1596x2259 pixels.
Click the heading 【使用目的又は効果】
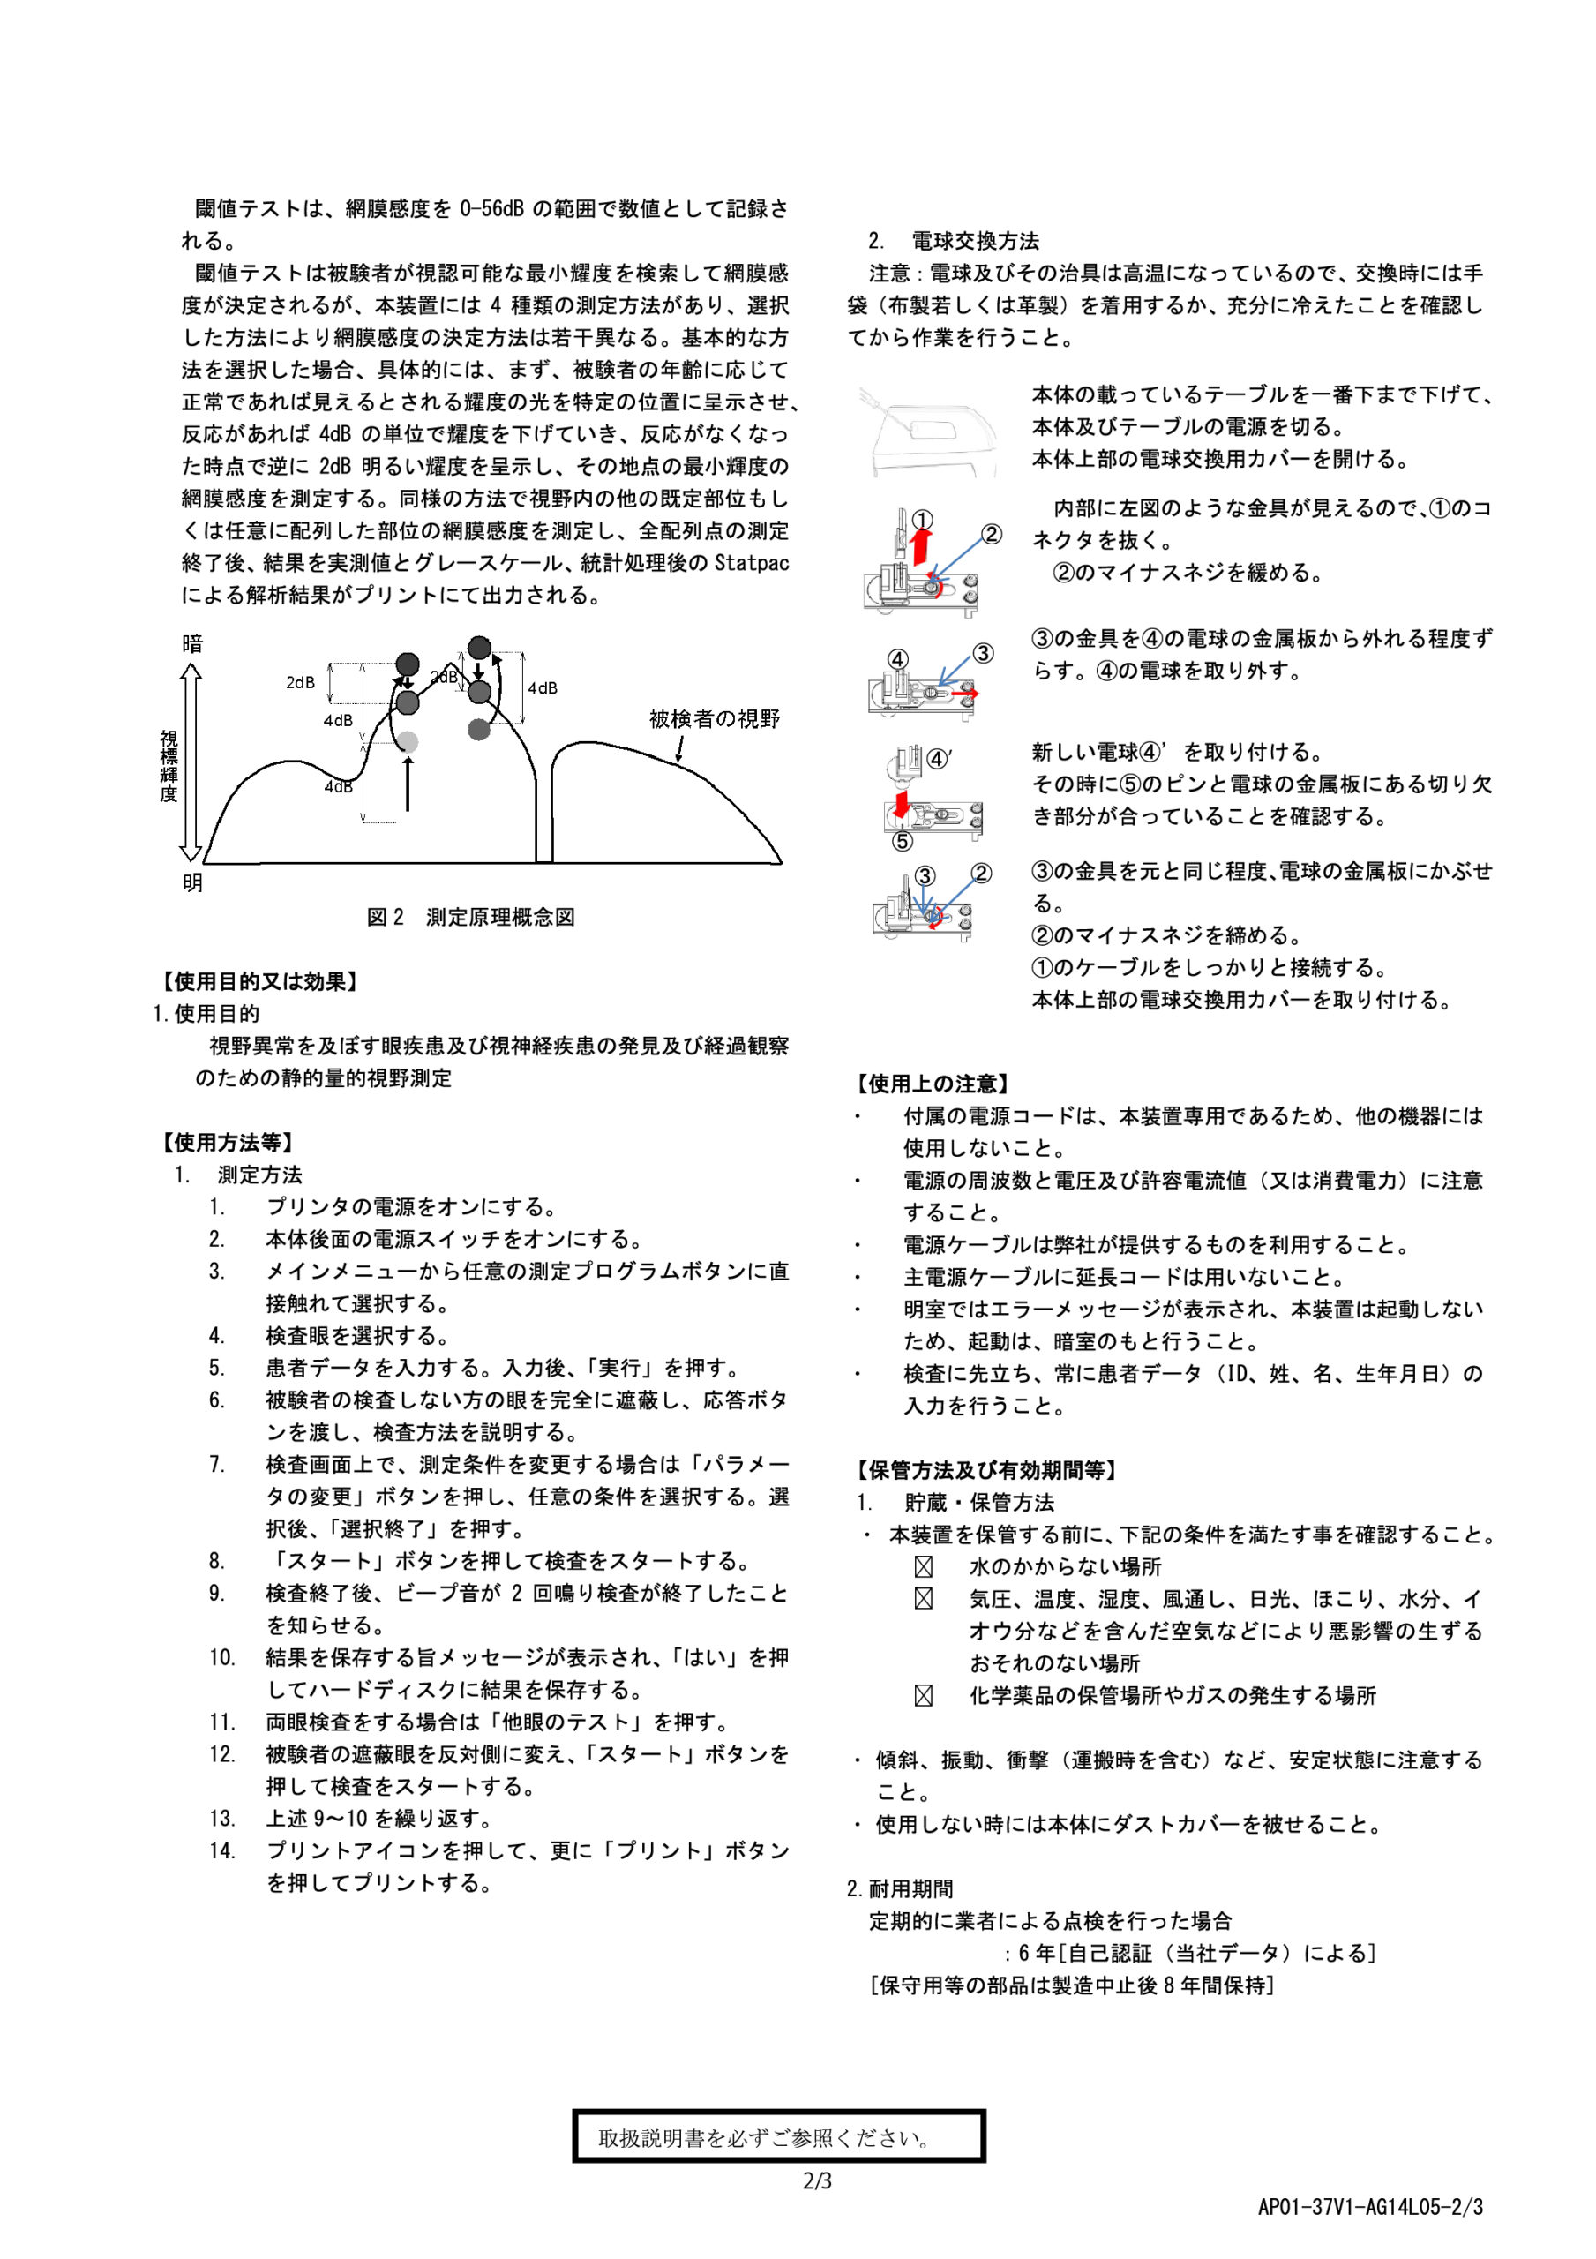click(x=258, y=981)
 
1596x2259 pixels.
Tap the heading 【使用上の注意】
click(x=932, y=1084)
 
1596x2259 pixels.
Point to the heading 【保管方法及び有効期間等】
click(x=986, y=1470)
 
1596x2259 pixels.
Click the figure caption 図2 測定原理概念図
click(x=470, y=917)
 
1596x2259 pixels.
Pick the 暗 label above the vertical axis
click(x=193, y=643)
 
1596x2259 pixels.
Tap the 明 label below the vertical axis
click(x=193, y=882)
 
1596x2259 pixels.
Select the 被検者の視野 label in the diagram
click(x=715, y=719)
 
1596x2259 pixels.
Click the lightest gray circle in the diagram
click(x=408, y=742)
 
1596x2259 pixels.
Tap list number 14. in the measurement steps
click(x=222, y=1850)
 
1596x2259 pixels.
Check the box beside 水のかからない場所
click(x=923, y=1567)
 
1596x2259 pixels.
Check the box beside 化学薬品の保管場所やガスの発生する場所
click(x=923, y=1695)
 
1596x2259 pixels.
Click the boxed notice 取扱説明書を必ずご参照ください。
click(x=778, y=2138)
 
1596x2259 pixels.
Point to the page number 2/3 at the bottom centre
click(x=817, y=2181)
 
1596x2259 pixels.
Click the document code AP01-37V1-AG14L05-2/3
click(x=1369, y=2207)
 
